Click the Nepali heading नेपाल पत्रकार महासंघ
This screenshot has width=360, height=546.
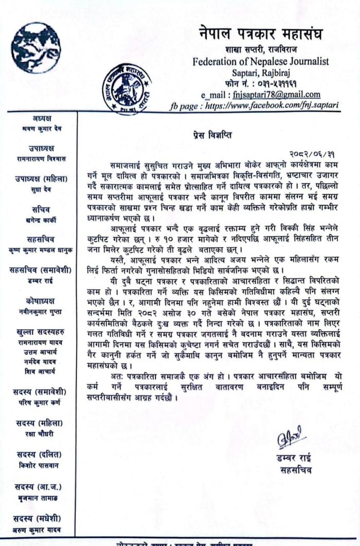[x=261, y=35]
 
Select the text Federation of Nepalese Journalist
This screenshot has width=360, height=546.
[x=261, y=62]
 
